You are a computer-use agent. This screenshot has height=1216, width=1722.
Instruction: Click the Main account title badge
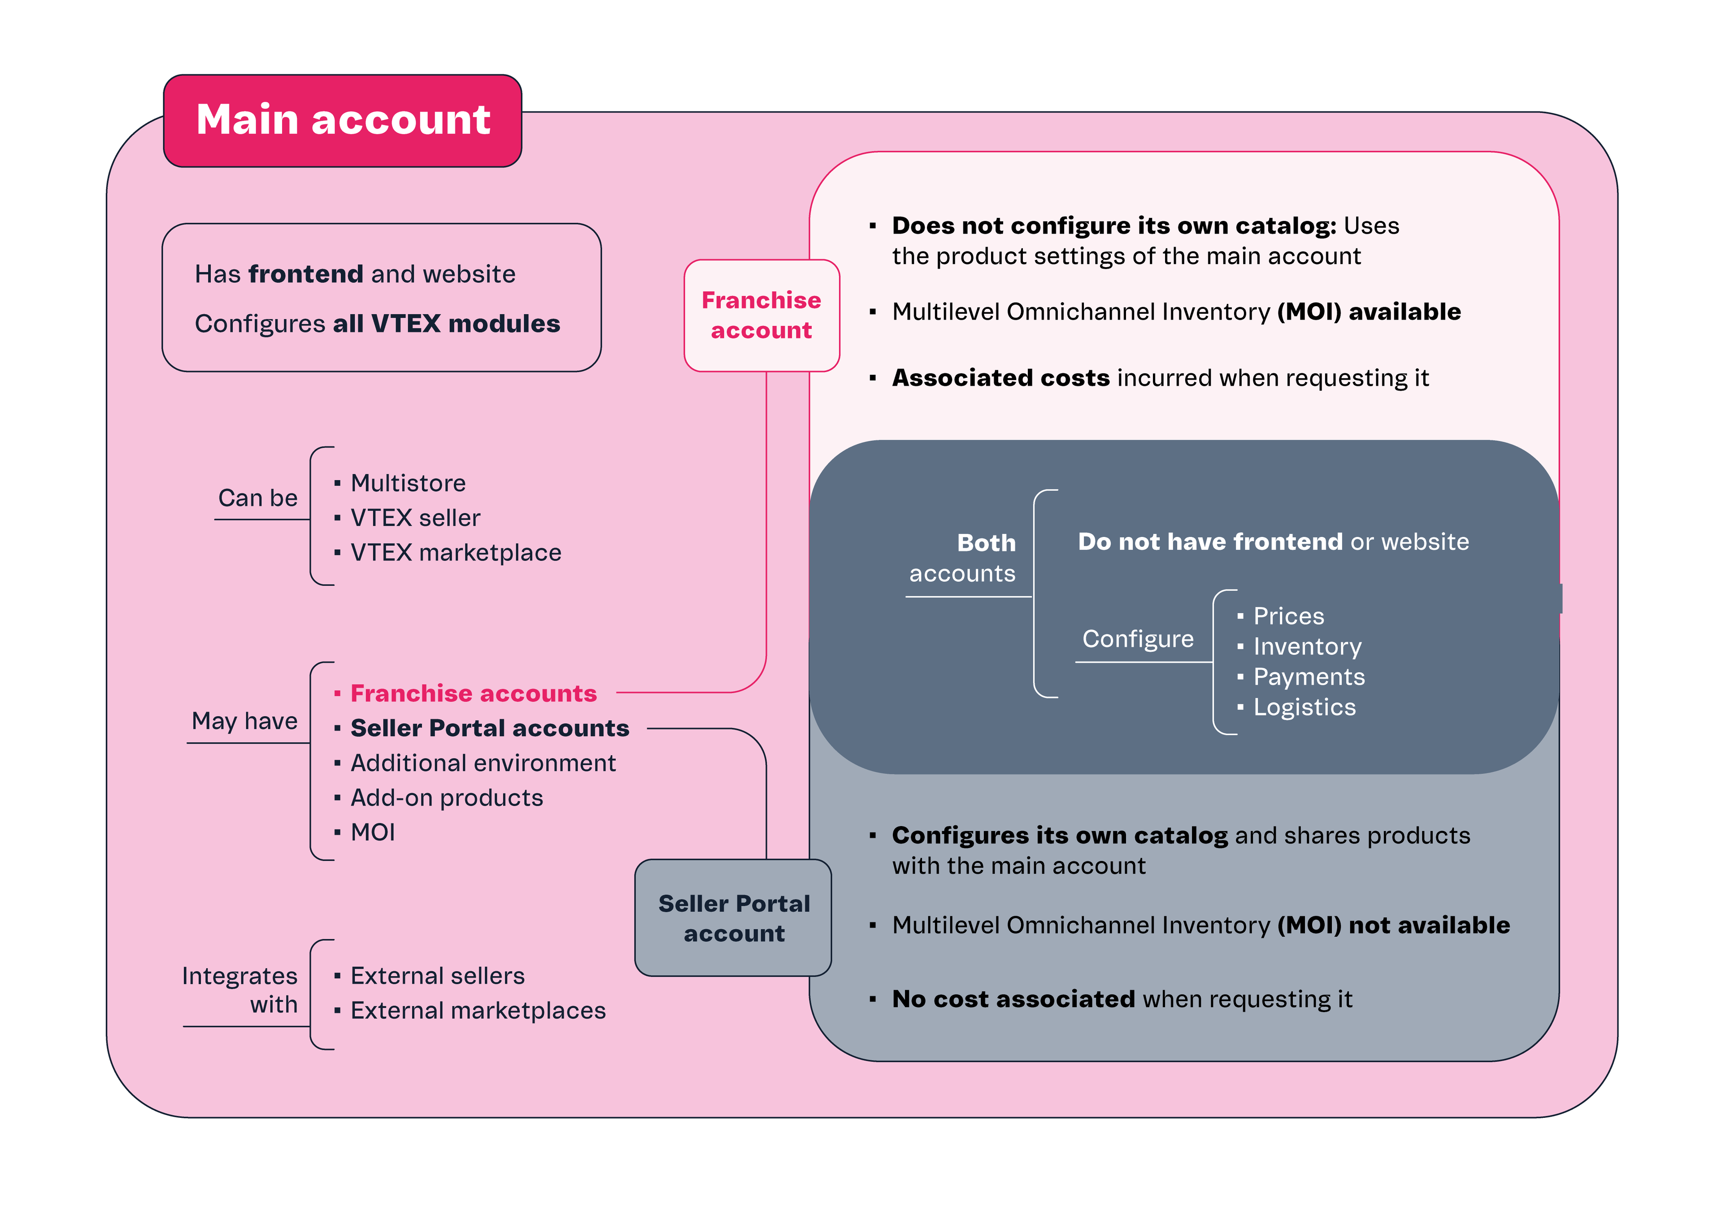point(343,120)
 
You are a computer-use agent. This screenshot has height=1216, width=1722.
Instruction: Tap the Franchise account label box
point(761,315)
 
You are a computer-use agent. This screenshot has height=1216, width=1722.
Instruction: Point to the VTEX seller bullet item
point(415,518)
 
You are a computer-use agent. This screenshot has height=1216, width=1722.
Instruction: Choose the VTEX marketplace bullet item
point(455,553)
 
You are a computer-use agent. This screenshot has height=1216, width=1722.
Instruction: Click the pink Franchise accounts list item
point(473,693)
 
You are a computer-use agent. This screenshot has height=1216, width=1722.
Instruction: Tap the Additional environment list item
point(483,763)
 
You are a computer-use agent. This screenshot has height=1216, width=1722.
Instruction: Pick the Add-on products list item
point(446,798)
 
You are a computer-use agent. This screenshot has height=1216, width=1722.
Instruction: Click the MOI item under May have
point(373,832)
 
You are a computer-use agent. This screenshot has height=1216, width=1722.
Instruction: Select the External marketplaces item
point(478,1011)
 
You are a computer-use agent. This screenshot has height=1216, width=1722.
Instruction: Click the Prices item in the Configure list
point(1288,616)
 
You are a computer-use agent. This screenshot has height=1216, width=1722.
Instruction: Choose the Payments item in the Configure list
point(1309,677)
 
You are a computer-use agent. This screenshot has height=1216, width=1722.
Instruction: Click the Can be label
point(257,498)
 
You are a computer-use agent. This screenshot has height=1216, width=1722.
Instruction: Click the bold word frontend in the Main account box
point(306,274)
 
